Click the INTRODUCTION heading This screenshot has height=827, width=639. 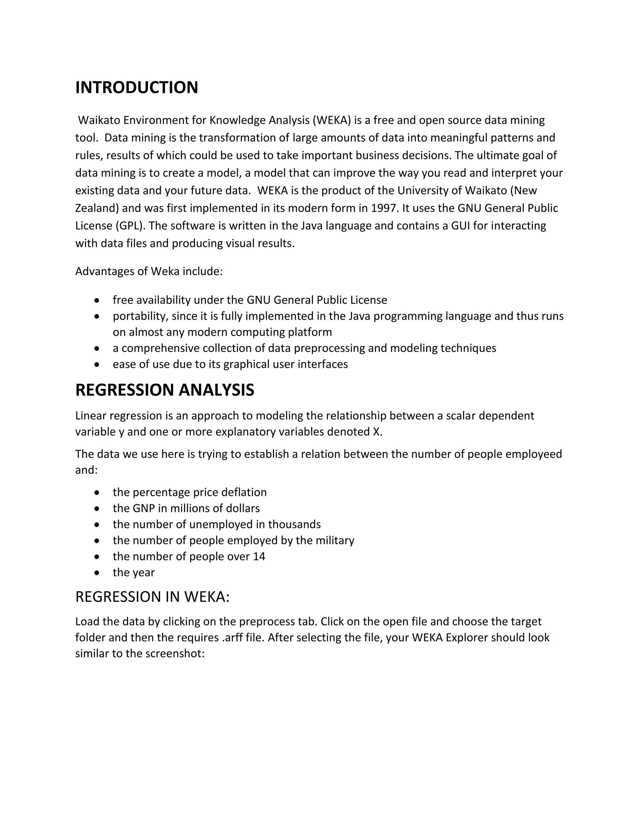point(136,87)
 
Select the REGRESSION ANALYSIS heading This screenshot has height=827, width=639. point(165,390)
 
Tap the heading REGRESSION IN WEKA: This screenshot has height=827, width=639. point(152,597)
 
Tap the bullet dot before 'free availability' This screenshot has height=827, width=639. point(97,300)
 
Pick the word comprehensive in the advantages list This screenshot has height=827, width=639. point(162,348)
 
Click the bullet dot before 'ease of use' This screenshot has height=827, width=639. point(97,365)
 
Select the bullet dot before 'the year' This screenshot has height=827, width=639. point(97,573)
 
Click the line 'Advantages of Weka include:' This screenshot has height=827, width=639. point(149,272)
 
